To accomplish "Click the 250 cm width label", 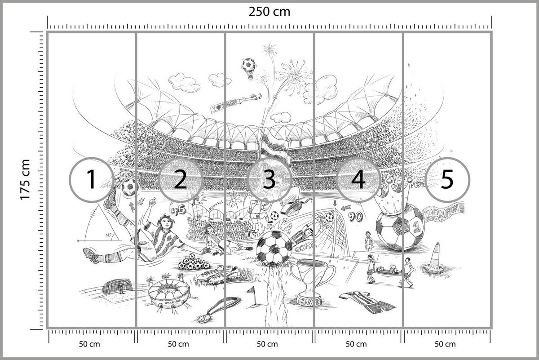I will click(x=269, y=11).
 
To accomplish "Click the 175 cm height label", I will click(x=24, y=179).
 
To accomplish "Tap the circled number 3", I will click(x=269, y=179).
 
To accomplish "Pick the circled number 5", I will click(x=447, y=179).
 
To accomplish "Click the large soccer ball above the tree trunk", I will click(x=274, y=249).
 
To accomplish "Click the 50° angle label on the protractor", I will click(x=108, y=235).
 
